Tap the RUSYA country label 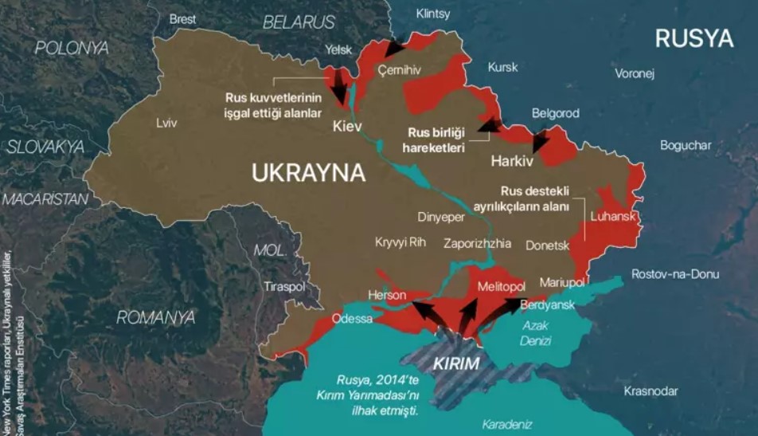tap(694, 38)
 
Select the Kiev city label tap(347, 127)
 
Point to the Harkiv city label tap(511, 160)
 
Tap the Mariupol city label tap(561, 282)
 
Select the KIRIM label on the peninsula tap(456, 363)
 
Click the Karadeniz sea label tap(506, 424)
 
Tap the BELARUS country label tap(300, 22)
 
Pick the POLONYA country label tap(72, 48)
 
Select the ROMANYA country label tap(155, 317)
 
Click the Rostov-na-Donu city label tap(674, 273)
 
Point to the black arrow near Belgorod tap(541, 141)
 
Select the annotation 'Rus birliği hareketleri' tap(436, 140)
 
